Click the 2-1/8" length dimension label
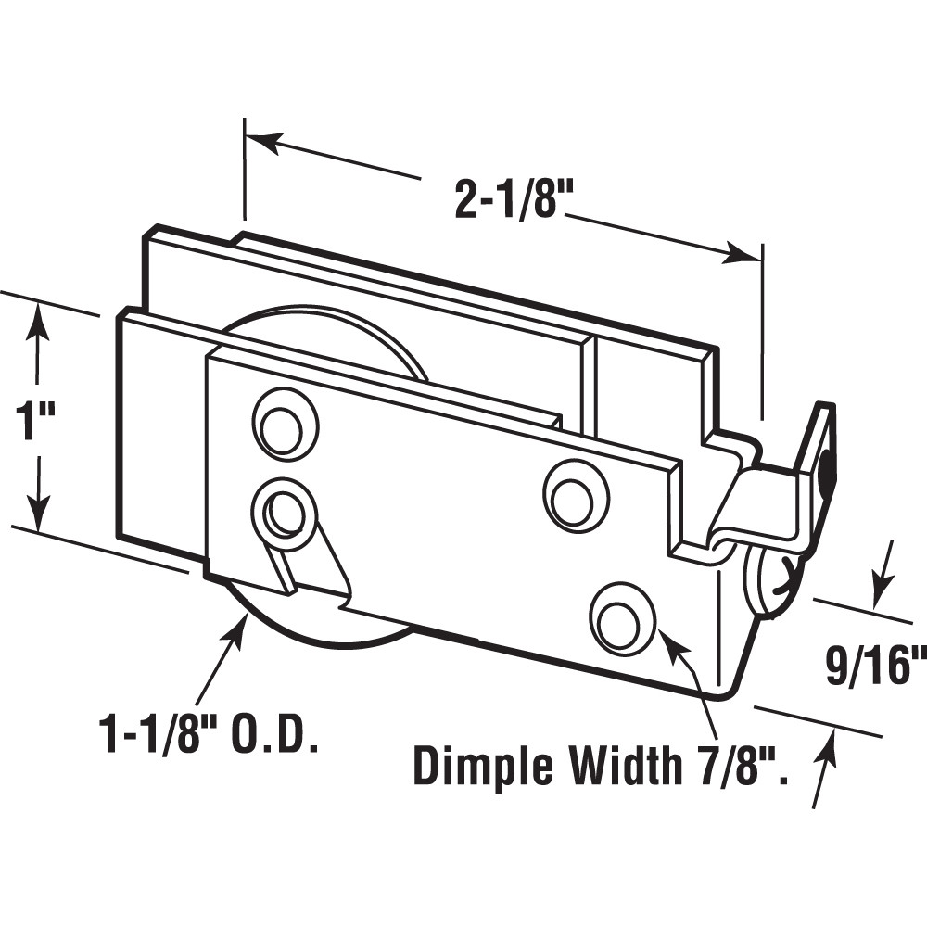click(x=509, y=198)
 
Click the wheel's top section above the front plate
click(x=324, y=329)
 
